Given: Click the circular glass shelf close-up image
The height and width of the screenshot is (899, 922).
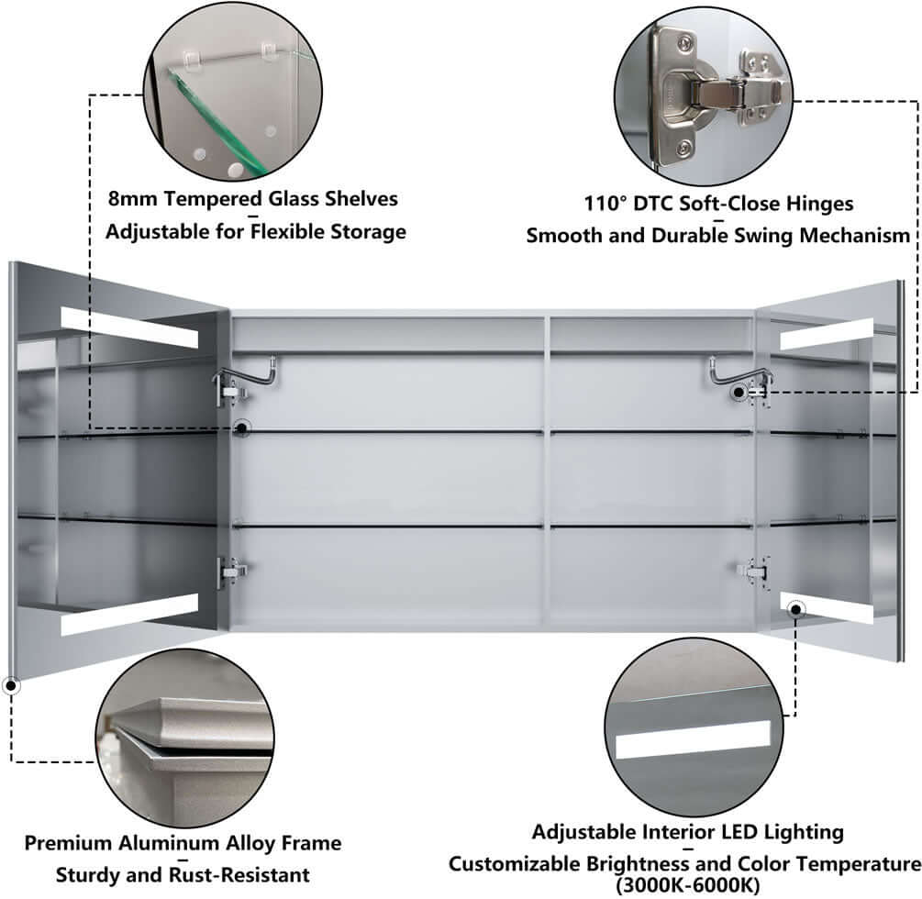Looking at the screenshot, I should (x=231, y=90).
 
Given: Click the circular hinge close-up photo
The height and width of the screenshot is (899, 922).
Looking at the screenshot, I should (x=702, y=92).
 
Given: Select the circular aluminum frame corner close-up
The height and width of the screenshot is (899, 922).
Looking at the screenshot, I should (x=185, y=738).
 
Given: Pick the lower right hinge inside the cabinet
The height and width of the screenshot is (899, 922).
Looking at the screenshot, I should (x=751, y=571).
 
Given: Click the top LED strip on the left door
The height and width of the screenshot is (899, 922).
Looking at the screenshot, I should (x=129, y=327).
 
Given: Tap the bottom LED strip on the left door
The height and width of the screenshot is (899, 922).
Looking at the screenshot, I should (x=129, y=615).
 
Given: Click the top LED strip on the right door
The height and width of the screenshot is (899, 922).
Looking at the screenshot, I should (x=826, y=336).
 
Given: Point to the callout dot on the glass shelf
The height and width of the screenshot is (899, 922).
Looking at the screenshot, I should (x=242, y=427).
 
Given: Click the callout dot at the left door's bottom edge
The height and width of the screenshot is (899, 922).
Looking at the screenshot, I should (x=11, y=683).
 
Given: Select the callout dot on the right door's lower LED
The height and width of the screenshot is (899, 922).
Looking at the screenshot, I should (x=795, y=607).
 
